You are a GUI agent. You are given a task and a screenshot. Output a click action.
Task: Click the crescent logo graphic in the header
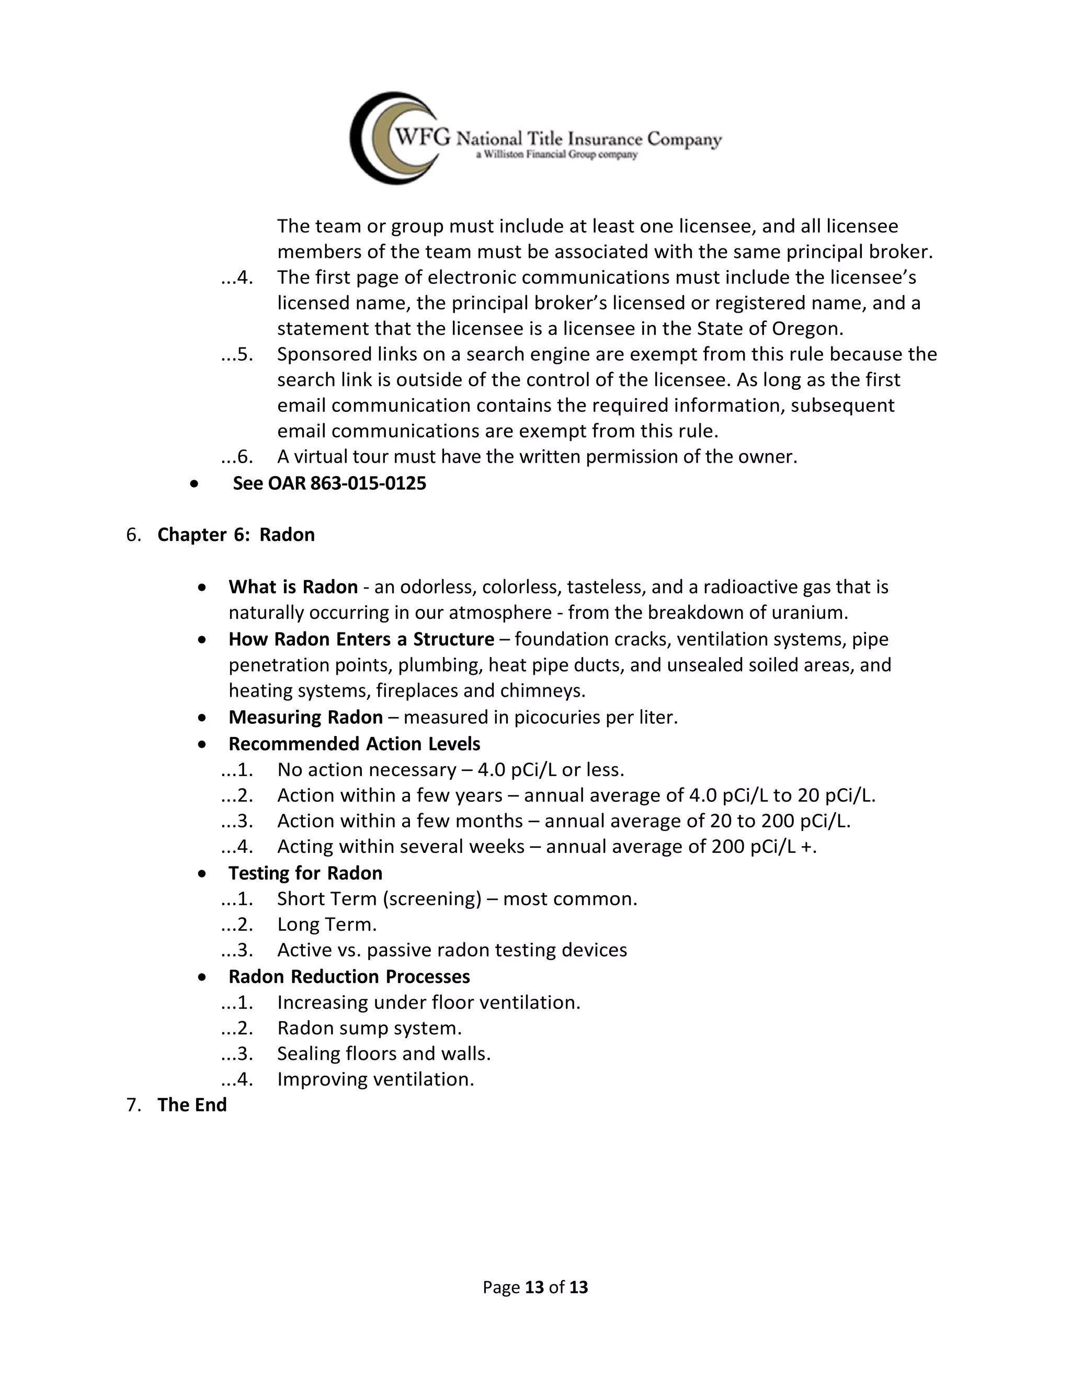[x=381, y=138]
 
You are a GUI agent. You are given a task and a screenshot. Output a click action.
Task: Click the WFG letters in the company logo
[x=423, y=136]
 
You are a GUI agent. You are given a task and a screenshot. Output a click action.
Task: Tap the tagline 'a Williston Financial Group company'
[x=556, y=155]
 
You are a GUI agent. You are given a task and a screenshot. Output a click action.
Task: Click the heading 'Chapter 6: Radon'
[x=235, y=535]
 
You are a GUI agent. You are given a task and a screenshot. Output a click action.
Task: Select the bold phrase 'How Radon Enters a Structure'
[x=361, y=639]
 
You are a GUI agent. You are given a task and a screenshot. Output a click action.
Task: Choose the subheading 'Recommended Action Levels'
[x=354, y=744]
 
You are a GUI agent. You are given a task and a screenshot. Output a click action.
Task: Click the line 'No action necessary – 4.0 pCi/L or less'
[x=450, y=770]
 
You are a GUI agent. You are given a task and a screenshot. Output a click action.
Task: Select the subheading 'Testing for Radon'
[x=305, y=873]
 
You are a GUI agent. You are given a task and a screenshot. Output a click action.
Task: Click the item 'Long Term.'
[x=327, y=925]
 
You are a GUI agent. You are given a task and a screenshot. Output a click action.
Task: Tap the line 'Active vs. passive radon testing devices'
[x=452, y=950]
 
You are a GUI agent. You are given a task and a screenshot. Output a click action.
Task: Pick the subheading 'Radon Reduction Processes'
[x=349, y=977]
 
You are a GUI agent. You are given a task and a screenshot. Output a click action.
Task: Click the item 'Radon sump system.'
[x=369, y=1028]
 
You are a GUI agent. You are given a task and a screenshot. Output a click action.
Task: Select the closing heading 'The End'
[x=191, y=1105]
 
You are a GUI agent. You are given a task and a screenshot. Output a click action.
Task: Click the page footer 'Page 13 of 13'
[x=535, y=1287]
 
